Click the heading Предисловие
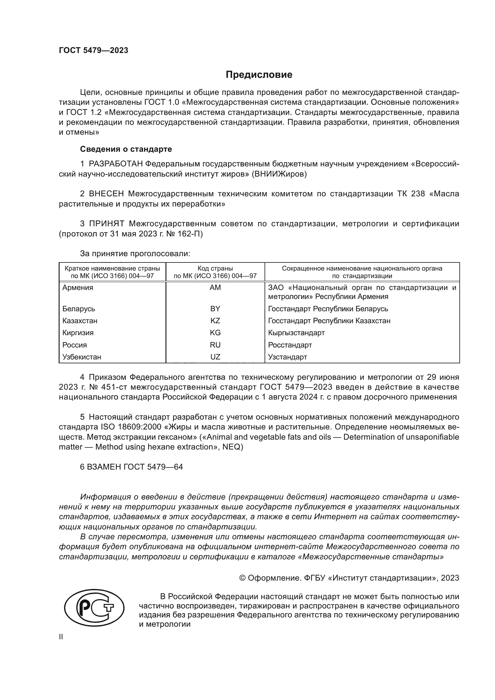[259, 75]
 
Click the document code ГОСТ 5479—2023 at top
[94, 51]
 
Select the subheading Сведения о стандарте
[126, 149]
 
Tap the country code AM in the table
[215, 288]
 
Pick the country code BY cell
[215, 309]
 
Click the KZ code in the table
[215, 321]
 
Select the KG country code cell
[215, 332]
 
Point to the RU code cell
[215, 345]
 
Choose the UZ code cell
[215, 357]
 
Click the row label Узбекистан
[82, 357]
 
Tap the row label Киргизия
[78, 332]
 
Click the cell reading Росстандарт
[290, 345]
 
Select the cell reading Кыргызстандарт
[296, 332]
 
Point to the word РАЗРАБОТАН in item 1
[116, 164]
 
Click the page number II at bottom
[61, 637]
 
